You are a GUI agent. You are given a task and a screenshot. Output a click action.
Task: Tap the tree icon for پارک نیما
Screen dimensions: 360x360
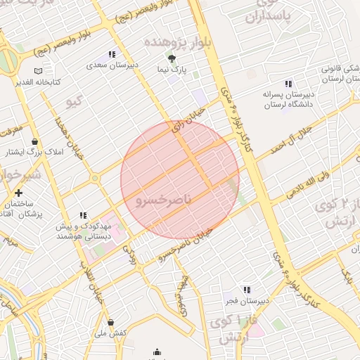point(172,58)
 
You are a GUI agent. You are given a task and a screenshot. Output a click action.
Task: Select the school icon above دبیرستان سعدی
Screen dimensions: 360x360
point(111,55)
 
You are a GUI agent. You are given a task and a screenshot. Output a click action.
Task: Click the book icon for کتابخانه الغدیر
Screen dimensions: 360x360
point(37,71)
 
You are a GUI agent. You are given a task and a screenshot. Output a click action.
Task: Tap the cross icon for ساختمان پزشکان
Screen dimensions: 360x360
point(18,193)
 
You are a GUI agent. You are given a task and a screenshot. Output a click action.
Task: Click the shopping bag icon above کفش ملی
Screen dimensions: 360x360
point(110,322)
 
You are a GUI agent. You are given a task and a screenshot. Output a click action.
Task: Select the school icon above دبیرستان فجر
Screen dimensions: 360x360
point(246,290)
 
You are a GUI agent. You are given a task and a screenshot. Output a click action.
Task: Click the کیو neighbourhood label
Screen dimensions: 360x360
point(74,103)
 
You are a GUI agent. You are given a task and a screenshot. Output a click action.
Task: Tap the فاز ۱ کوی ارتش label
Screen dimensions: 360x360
point(232,329)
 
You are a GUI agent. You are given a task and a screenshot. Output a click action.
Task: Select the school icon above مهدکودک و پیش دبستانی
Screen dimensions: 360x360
point(83,215)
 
